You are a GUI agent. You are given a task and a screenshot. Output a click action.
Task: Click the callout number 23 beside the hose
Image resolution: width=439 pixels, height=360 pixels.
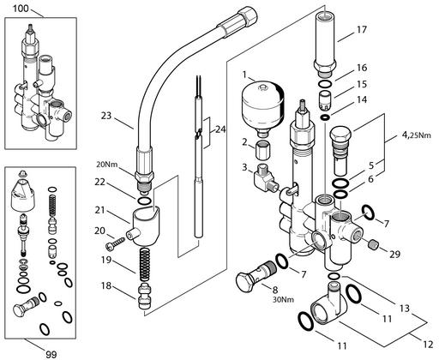coord(106,117)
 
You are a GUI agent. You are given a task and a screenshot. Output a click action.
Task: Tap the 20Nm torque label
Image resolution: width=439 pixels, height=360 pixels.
coord(107,165)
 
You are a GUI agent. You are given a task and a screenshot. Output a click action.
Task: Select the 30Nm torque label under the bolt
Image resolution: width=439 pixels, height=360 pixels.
coord(283,300)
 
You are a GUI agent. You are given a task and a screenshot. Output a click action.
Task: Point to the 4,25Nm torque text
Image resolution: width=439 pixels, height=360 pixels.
coord(416,135)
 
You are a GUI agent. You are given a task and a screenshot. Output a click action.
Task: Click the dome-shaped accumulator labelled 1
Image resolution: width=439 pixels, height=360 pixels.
coord(263,108)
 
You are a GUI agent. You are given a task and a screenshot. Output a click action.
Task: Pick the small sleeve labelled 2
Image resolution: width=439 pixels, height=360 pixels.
coord(262,149)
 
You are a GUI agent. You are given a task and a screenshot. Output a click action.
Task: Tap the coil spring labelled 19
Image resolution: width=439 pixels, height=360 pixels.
coord(146,264)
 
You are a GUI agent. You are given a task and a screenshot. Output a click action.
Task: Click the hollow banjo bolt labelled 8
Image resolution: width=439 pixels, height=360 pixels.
coord(256,276)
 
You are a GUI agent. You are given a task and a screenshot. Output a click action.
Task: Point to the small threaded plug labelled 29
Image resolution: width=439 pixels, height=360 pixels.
coord(372,245)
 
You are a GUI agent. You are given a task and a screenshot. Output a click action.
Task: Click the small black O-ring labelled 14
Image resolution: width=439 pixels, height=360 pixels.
coord(325,117)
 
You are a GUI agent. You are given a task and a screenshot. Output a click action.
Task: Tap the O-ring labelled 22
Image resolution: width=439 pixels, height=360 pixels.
coord(145,201)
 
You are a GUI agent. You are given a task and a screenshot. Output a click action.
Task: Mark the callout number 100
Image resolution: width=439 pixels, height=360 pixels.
coord(21,9)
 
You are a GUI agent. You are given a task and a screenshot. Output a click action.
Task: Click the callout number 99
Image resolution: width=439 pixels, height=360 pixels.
coord(51,354)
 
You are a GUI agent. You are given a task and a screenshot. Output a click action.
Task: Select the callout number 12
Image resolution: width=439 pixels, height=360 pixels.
coord(428,345)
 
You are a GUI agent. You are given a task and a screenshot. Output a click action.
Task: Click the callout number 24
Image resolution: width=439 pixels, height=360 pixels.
coord(220,129)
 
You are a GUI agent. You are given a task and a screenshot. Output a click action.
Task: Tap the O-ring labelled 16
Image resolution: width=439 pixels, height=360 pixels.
coord(325,84)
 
